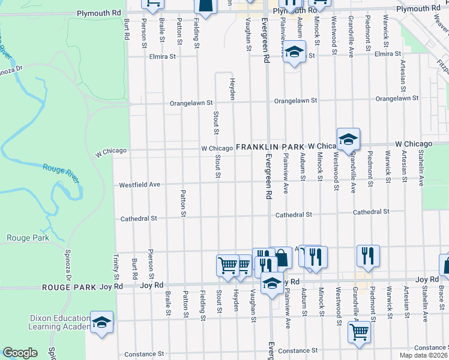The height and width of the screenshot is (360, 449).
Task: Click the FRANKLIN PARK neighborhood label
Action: click(x=270, y=147)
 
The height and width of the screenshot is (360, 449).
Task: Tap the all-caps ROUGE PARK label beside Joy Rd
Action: click(x=65, y=287)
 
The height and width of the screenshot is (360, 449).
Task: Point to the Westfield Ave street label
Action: click(x=139, y=185)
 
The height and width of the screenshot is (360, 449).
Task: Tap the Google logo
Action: click(x=20, y=353)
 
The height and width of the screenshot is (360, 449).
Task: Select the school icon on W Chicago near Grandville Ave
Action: click(x=348, y=139)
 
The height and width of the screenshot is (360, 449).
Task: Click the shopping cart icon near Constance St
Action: click(x=359, y=330)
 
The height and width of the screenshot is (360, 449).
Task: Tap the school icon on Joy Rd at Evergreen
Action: click(x=272, y=283)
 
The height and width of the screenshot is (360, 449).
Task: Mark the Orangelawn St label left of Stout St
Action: click(x=191, y=103)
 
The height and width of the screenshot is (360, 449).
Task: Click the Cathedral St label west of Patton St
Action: click(x=139, y=218)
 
